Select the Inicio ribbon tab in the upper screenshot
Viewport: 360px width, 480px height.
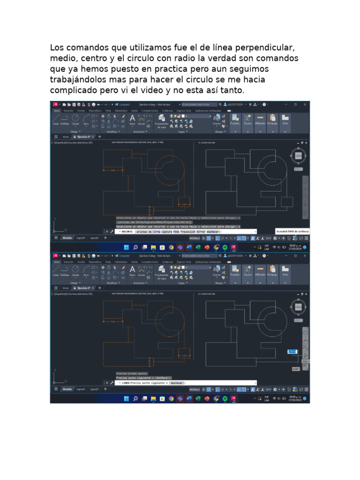(x=57, y=111)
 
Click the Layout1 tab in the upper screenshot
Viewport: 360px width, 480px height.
(x=81, y=238)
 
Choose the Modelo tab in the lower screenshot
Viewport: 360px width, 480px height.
(x=67, y=389)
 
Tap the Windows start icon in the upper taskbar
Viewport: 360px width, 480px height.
(x=126, y=247)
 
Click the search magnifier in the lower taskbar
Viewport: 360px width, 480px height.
(x=135, y=399)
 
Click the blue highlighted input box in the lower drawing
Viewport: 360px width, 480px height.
(x=292, y=351)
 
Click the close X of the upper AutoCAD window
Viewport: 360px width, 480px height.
(x=305, y=105)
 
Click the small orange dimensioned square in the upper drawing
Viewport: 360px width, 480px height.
(x=183, y=202)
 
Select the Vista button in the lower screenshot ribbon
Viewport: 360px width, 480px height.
(x=285, y=271)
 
